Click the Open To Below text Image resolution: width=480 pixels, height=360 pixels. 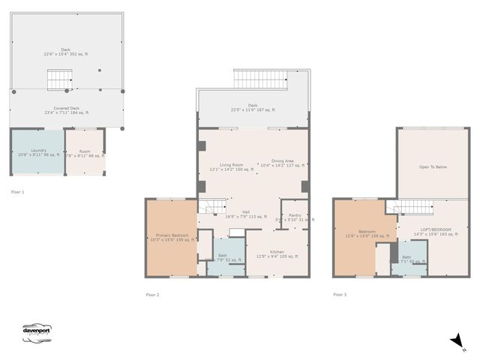(433, 166)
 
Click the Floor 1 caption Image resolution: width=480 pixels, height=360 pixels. (18, 193)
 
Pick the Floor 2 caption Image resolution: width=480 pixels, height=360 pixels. (152, 295)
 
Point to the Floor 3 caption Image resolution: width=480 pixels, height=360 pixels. (340, 295)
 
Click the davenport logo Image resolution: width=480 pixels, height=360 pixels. (37, 332)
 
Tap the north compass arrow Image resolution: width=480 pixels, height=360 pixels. (457, 342)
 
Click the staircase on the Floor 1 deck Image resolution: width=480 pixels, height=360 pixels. (59, 79)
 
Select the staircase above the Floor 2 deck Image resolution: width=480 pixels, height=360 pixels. (261, 79)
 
